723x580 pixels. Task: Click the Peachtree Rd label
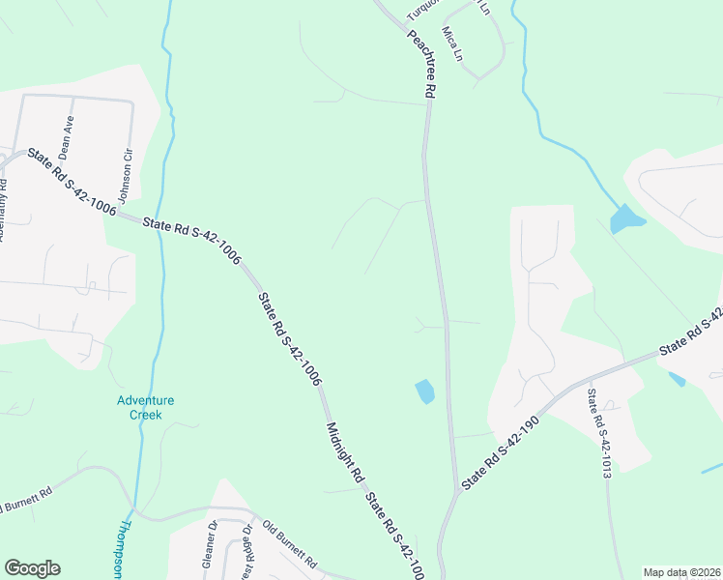[423, 64]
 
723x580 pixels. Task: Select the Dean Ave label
[66, 137]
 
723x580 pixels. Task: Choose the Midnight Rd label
[344, 452]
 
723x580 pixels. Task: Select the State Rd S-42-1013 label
[600, 434]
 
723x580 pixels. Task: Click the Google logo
[32, 568]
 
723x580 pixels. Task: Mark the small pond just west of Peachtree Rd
[424, 391]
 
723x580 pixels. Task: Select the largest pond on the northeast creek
[626, 219]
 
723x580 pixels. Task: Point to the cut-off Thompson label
[125, 551]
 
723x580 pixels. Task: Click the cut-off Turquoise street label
[422, 10]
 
